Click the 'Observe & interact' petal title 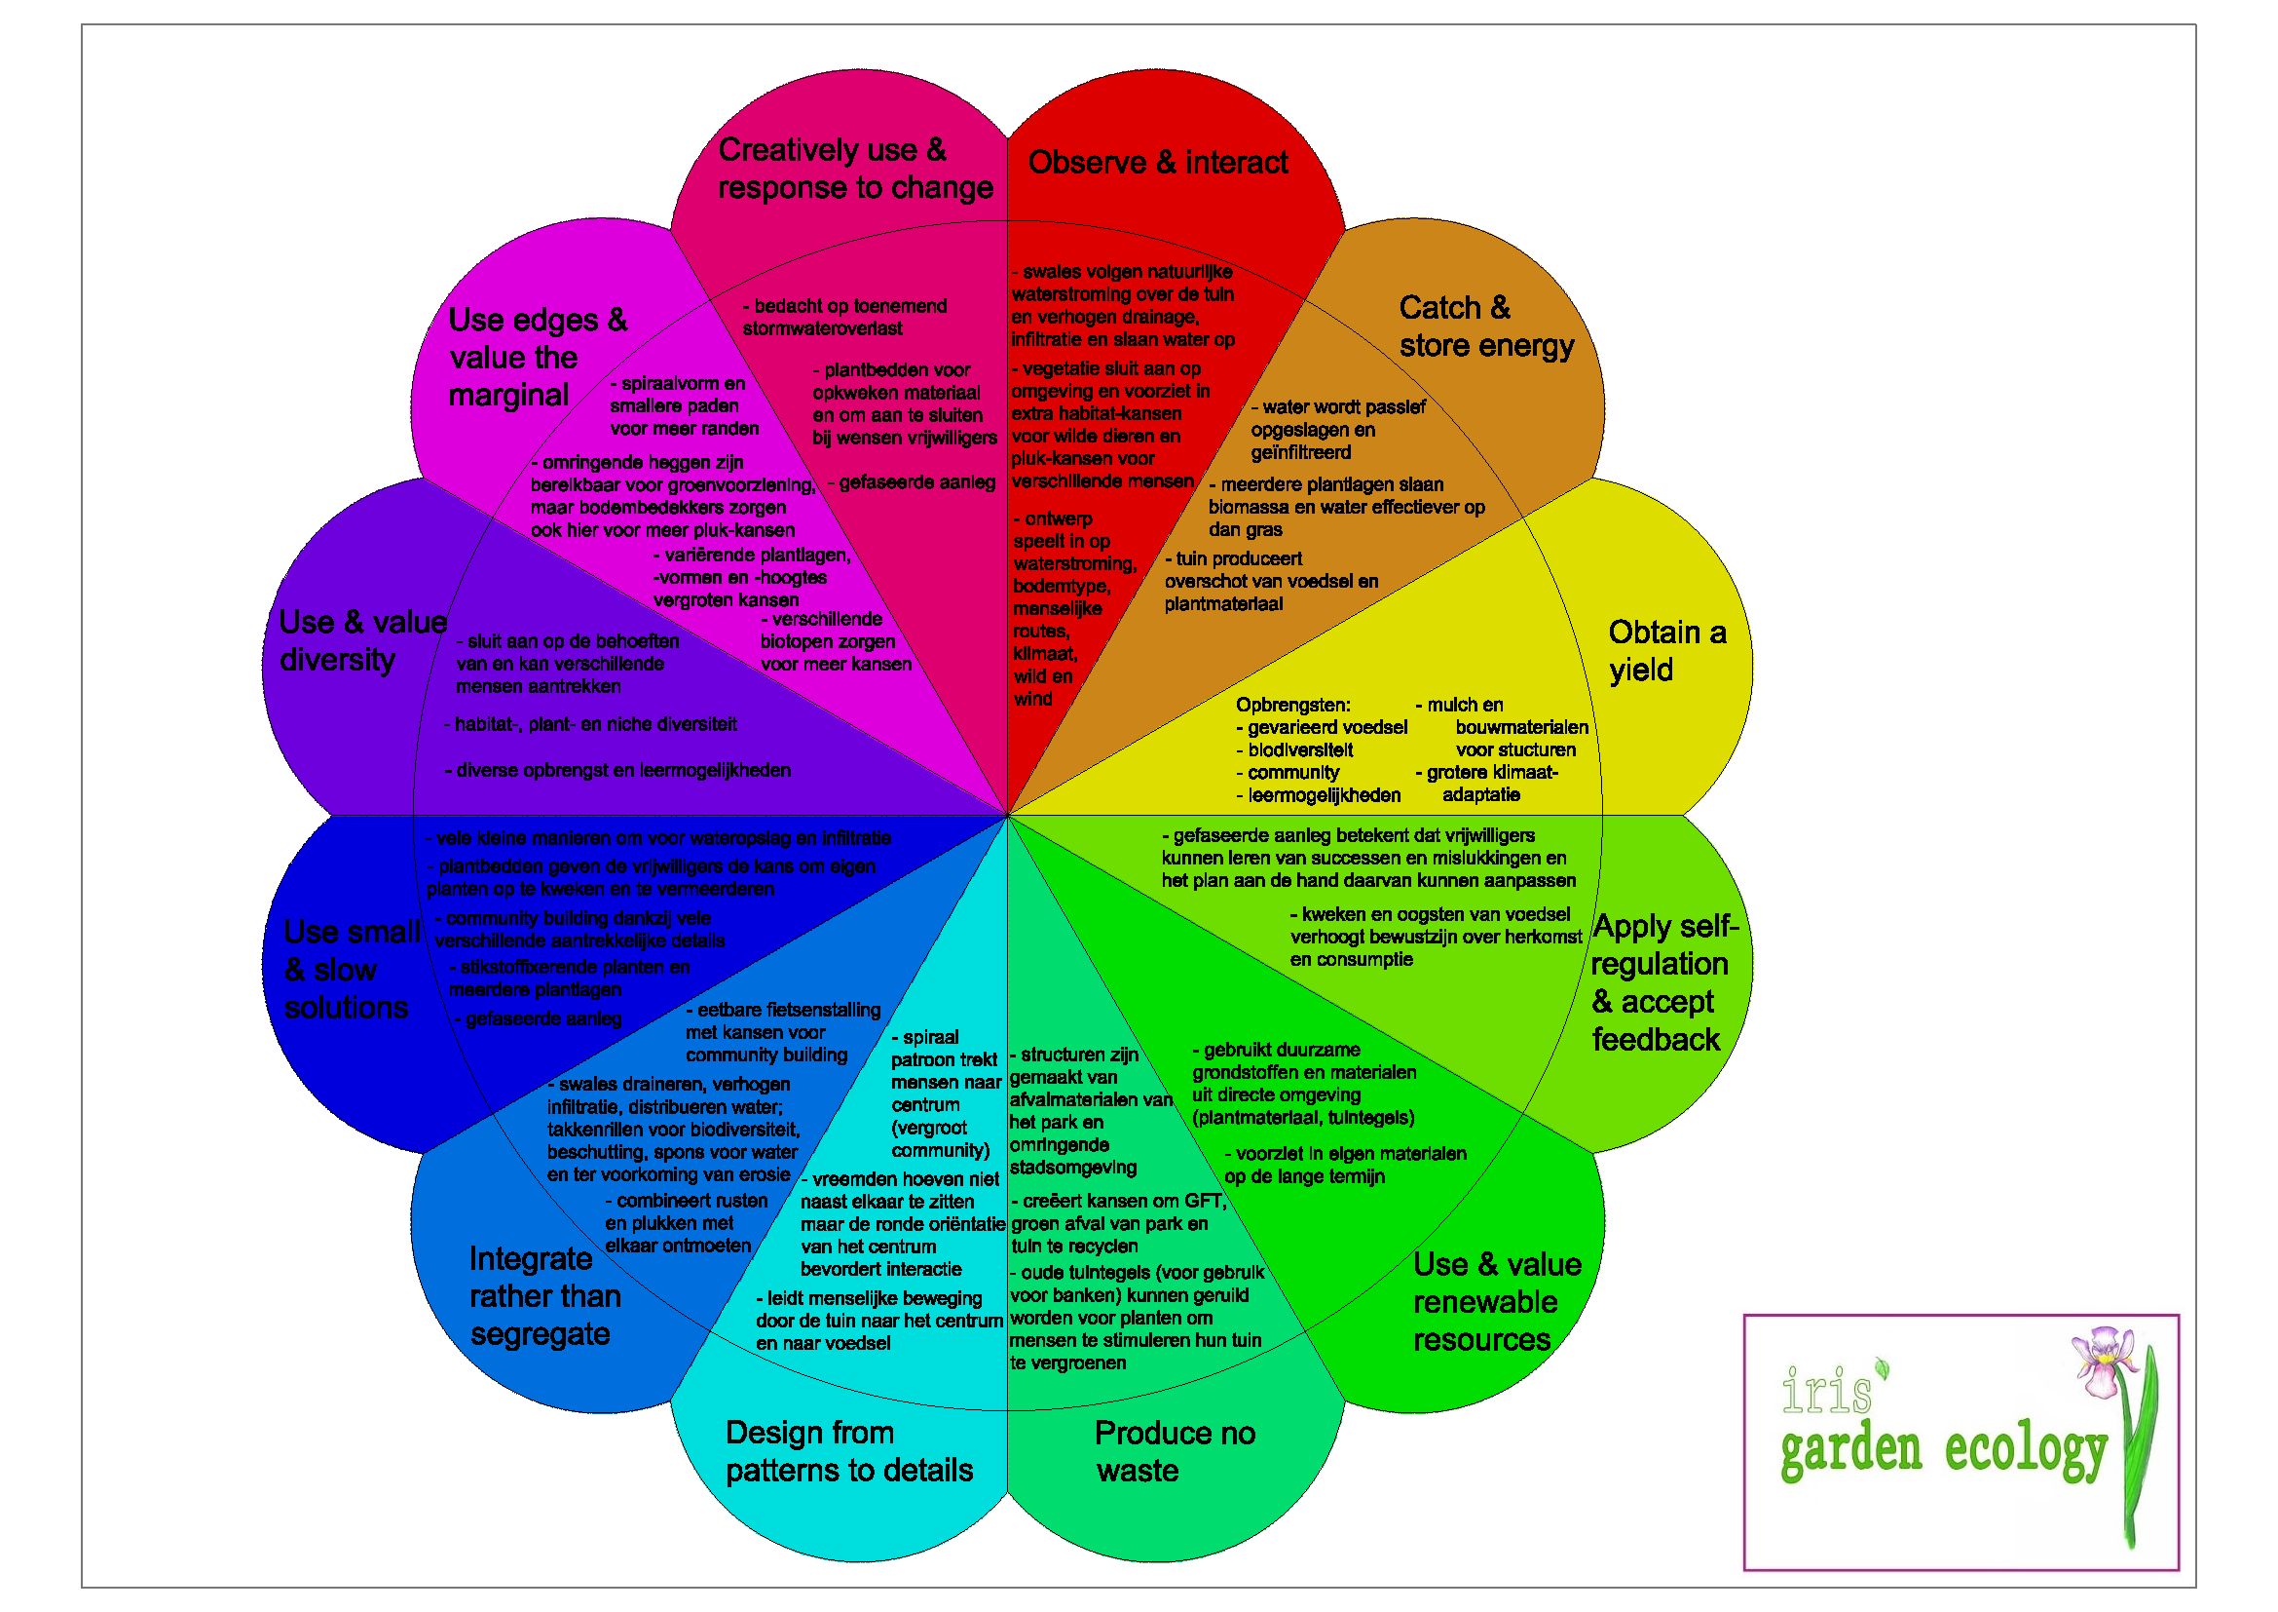[1158, 162]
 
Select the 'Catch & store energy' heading [1485, 326]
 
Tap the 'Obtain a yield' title [1665, 651]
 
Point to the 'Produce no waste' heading [1174, 1451]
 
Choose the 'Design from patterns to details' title [848, 1451]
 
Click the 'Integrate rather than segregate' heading [544, 1296]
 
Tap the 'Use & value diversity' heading [361, 640]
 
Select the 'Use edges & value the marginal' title [537, 358]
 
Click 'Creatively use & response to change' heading [854, 169]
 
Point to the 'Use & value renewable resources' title [1496, 1301]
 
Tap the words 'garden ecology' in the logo [1942, 1452]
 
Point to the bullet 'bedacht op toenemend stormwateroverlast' [844, 317]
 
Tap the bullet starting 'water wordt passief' [1336, 430]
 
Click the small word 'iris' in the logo [1826, 1391]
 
